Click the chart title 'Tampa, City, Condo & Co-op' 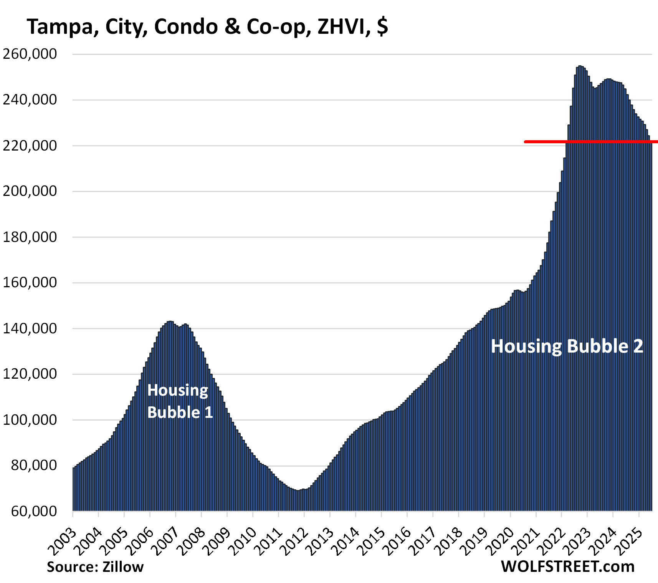coord(207,27)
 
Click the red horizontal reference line coord(591,142)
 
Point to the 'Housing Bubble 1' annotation coord(180,401)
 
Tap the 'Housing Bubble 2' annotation coord(567,346)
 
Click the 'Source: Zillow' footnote coord(95,567)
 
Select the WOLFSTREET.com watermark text coord(568,566)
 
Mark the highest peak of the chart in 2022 coord(580,66)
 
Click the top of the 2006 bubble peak coord(170,322)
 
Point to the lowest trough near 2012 coord(297,490)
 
